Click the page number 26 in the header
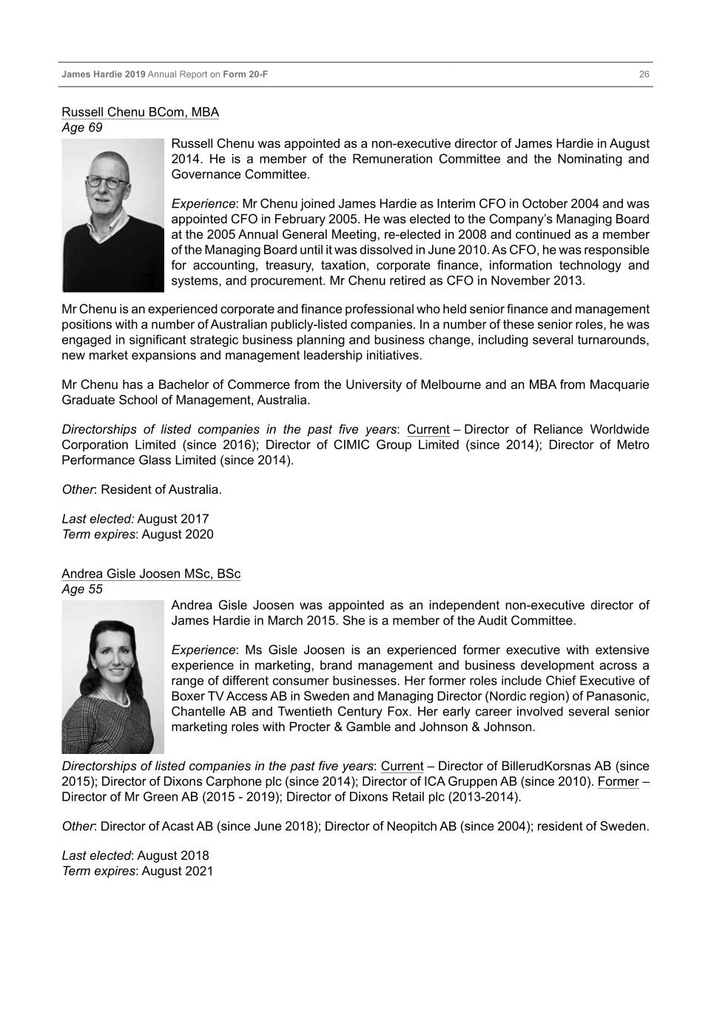click(x=644, y=75)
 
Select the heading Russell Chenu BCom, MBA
click(x=140, y=112)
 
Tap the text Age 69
click(x=81, y=128)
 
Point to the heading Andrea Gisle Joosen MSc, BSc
click(x=150, y=574)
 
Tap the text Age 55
click(x=81, y=590)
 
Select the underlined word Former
click(x=617, y=782)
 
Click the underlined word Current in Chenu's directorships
click(x=428, y=430)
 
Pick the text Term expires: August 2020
click(x=137, y=534)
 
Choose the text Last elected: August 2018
click(x=135, y=856)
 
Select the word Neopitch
click(x=411, y=826)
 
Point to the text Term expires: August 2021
click(x=137, y=872)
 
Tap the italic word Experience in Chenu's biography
click(x=203, y=204)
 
